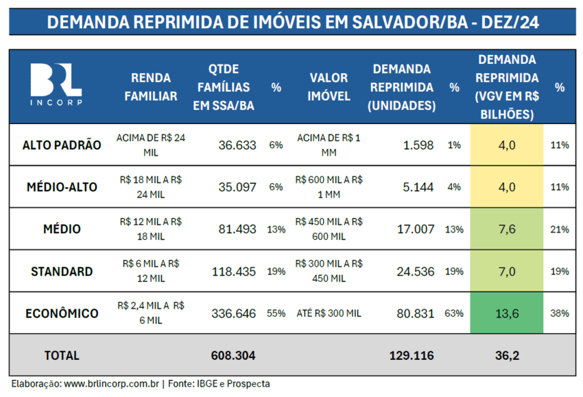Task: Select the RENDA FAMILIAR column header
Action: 150,86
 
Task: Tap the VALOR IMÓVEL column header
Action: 329,86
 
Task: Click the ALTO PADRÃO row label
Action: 62,145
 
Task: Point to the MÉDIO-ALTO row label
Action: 62,187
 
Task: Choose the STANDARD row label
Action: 62,271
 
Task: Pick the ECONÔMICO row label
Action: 62,313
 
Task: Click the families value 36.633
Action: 237,145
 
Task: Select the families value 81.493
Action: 237,229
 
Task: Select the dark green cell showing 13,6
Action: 506,313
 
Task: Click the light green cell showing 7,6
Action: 506,229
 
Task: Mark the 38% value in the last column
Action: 560,313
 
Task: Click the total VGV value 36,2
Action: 506,355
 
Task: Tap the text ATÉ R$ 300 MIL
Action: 329,313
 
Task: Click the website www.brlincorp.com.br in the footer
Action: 111,384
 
